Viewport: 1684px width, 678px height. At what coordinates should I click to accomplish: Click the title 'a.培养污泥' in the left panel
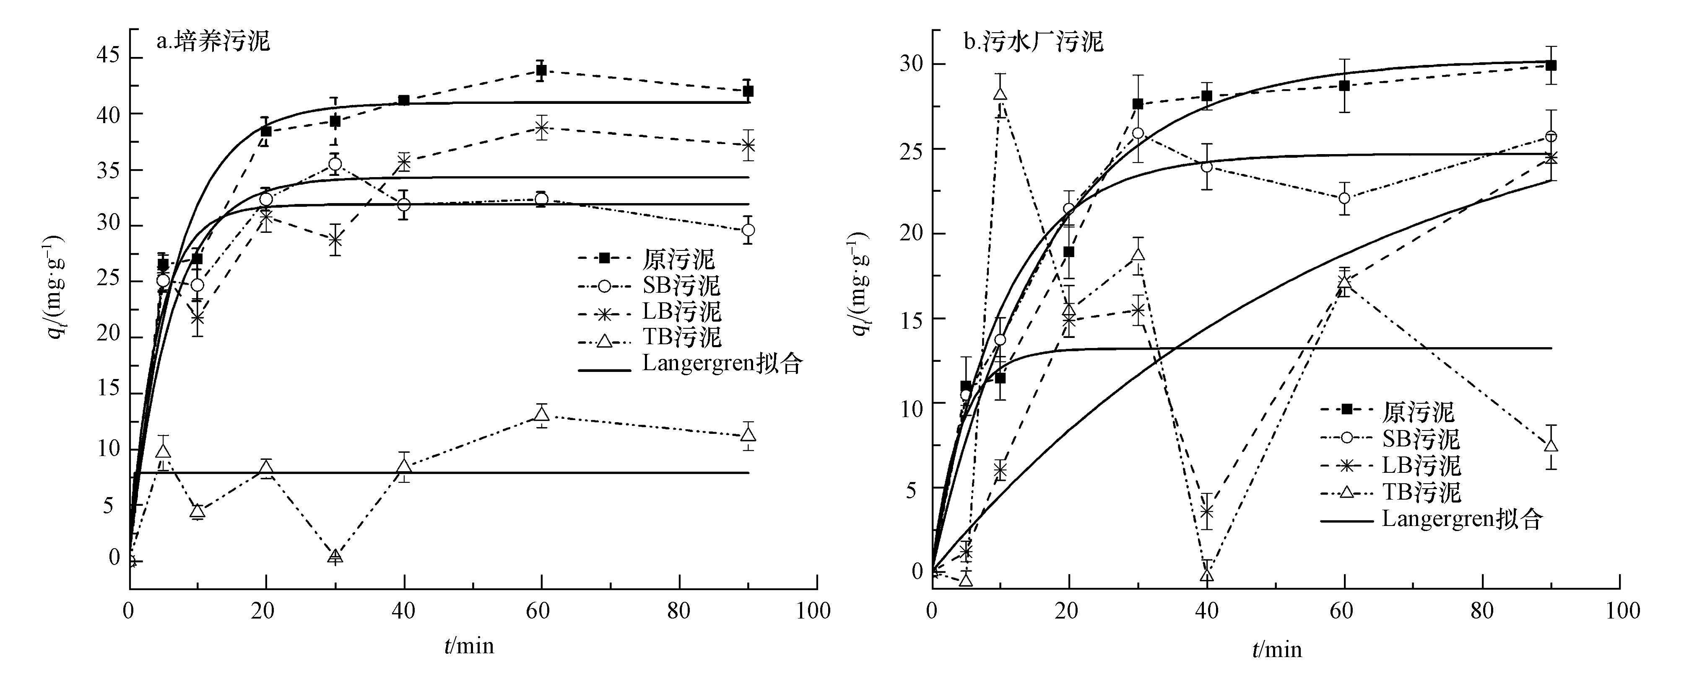(213, 42)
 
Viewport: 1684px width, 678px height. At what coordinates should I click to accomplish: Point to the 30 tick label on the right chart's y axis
(911, 64)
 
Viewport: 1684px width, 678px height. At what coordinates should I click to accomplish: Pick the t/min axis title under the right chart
(1277, 649)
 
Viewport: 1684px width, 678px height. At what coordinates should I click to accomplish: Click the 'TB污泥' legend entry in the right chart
(1421, 492)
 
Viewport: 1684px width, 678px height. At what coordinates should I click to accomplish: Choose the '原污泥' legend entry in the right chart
(1417, 412)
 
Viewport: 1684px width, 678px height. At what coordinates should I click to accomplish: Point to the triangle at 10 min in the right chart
(1000, 94)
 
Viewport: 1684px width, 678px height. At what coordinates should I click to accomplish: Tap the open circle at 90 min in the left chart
(748, 230)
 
